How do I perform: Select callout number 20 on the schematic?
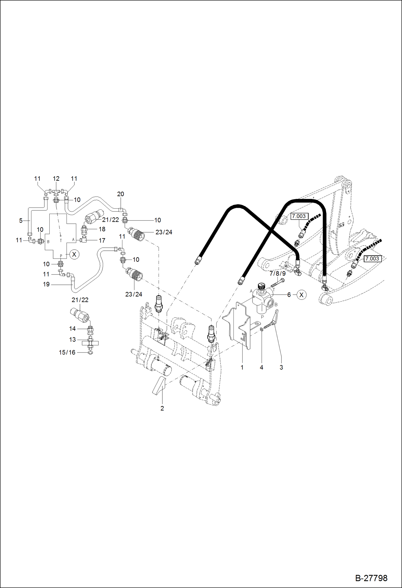tap(120, 194)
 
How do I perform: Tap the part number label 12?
tap(56, 179)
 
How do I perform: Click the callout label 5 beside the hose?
tap(21, 221)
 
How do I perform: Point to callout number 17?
tap(102, 241)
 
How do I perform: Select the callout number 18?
tap(102, 229)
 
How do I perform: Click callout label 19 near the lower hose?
tap(46, 284)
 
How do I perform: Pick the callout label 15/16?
tap(67, 352)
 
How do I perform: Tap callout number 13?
tap(72, 339)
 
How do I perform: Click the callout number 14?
tap(72, 328)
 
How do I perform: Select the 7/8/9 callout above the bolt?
tap(277, 273)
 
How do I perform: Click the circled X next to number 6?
tap(301, 295)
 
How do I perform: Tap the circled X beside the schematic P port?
tap(74, 254)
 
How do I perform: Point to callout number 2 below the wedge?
tap(162, 408)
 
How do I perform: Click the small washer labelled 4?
tap(261, 329)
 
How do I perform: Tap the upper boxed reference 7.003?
tap(299, 216)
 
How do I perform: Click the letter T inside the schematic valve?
tap(61, 241)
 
